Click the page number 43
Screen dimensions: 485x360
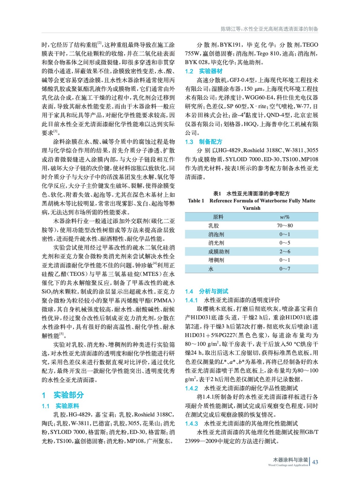(315, 462)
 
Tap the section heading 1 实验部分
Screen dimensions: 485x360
(63, 395)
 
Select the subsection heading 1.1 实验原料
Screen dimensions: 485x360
(60, 406)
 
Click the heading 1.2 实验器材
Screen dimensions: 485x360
(204, 71)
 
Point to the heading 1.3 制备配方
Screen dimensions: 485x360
(204, 142)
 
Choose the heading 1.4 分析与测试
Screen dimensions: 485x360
(207, 291)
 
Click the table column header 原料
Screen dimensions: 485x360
(218, 217)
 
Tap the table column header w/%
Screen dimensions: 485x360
(284, 217)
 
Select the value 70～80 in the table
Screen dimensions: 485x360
(284, 226)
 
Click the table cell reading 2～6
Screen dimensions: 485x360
(284, 252)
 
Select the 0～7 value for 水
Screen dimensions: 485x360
(284, 269)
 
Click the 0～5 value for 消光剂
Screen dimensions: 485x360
(284, 243)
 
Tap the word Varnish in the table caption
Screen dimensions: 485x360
(251, 208)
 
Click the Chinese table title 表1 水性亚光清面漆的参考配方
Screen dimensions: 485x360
(251, 193)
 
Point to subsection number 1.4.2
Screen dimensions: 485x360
(191, 388)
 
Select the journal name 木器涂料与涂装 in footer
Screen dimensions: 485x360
(290, 460)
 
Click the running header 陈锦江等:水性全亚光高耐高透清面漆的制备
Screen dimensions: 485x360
(269, 29)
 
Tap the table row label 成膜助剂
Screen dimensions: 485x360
(219, 252)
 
